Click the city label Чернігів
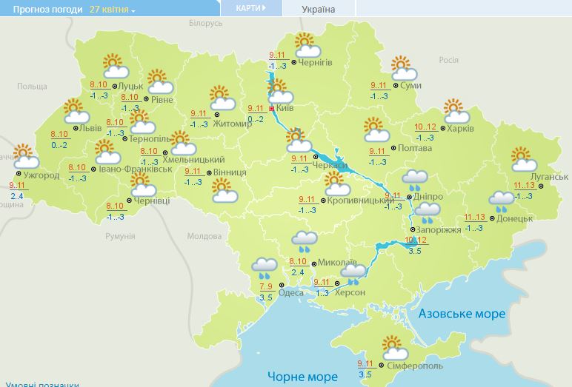click(x=316, y=62)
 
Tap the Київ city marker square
click(x=272, y=108)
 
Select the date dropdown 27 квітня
click(x=112, y=10)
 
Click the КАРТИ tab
click(x=251, y=8)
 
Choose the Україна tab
click(x=319, y=10)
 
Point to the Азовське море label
click(x=462, y=314)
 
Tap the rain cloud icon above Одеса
click(x=265, y=266)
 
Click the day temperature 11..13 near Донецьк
click(x=474, y=217)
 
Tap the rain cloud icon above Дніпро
click(x=414, y=178)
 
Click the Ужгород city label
click(x=41, y=175)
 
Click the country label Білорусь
click(x=205, y=24)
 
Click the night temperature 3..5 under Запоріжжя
click(x=414, y=251)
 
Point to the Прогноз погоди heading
click(x=42, y=10)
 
